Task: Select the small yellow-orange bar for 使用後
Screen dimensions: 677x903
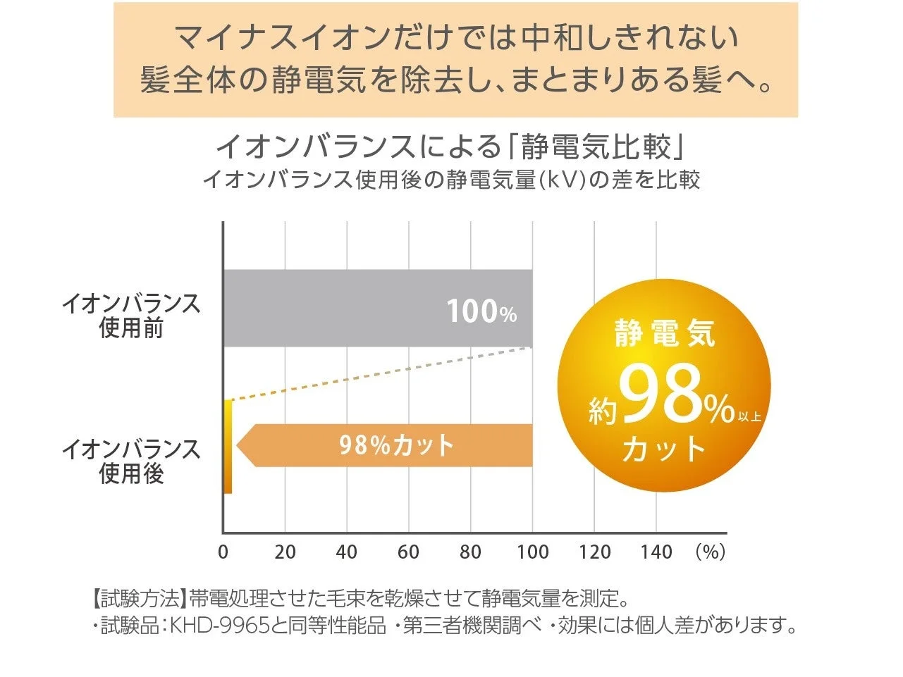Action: tap(228, 447)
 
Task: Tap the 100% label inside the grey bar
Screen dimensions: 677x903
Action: tap(481, 311)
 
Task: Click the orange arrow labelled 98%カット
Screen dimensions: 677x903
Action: tap(395, 445)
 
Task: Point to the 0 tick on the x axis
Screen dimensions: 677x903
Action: tap(223, 552)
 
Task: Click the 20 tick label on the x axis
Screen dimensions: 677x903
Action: tap(285, 552)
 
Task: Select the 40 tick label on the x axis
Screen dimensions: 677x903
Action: tap(347, 552)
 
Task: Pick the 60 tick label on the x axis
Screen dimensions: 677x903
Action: tap(408, 552)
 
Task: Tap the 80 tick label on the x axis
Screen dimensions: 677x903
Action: tap(470, 552)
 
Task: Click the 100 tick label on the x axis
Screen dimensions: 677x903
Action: tap(532, 552)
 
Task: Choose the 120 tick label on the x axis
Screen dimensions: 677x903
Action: tap(594, 552)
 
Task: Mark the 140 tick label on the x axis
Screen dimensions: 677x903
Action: tap(656, 552)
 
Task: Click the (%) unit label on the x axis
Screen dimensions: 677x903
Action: tap(710, 552)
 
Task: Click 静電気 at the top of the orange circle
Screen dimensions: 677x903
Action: tap(664, 333)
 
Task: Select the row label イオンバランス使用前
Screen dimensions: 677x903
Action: tap(131, 316)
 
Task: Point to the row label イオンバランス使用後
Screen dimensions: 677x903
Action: tap(131, 461)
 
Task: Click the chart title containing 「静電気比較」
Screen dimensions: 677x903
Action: tap(451, 147)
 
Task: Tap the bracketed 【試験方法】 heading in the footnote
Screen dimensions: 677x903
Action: tap(139, 600)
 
